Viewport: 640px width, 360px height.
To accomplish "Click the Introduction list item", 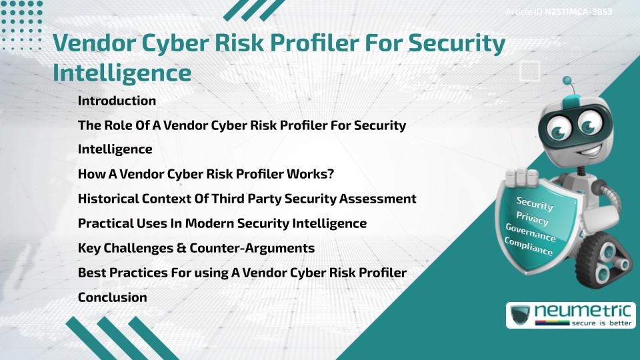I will point(117,101).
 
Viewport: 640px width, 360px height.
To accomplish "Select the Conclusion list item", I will point(112,297).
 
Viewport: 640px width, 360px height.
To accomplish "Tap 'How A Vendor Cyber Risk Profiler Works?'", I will point(205,174).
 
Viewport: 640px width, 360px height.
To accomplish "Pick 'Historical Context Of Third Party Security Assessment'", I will point(247,199).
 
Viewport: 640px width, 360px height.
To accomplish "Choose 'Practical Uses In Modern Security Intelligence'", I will point(222,223).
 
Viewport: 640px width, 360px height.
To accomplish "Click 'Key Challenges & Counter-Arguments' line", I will point(196,248).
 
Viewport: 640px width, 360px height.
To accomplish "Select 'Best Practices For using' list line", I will point(242,273).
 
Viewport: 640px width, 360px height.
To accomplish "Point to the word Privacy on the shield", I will point(532,218).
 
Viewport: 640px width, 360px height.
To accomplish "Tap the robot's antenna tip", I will point(569,85).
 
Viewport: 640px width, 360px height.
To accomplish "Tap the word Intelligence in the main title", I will point(122,72).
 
